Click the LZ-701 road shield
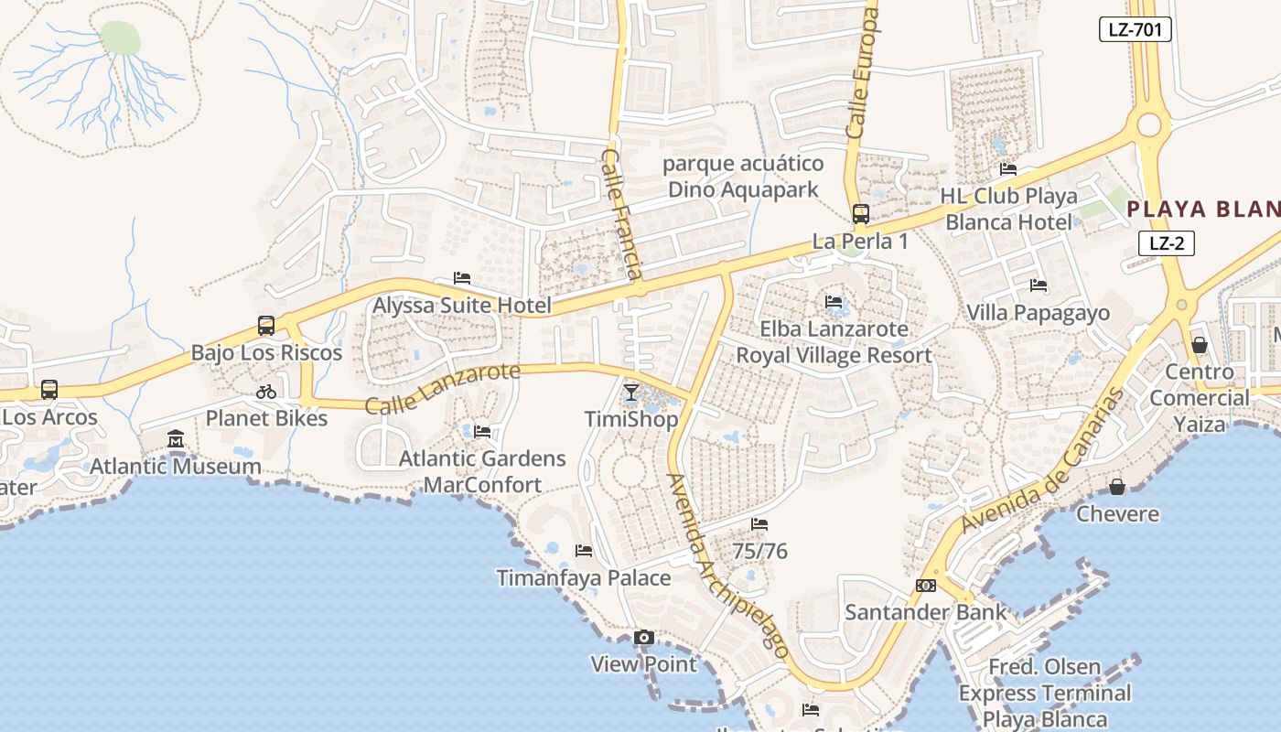1135,29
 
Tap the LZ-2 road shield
1167,243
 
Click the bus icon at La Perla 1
860,214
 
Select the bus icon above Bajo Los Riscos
266,325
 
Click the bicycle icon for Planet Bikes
266,392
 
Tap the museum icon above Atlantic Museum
176,440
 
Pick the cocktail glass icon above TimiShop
631,393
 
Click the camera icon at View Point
643,637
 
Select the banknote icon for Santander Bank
926,586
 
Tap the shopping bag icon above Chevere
1117,487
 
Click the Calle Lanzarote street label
443,388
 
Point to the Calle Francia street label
621,214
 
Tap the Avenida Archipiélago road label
728,565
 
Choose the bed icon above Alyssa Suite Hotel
462,278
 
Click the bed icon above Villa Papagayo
1038,285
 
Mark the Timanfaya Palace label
583,578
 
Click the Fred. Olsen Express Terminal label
1044,693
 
